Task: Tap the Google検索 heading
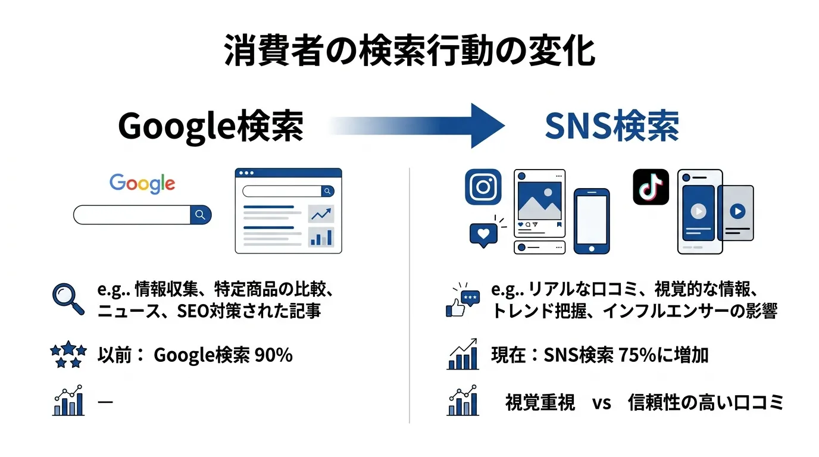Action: pyautogui.click(x=211, y=126)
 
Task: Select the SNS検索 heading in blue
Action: pyautogui.click(x=612, y=126)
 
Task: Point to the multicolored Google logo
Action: pyautogui.click(x=142, y=183)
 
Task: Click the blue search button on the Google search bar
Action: pyautogui.click(x=201, y=214)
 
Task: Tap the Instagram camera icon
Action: pyautogui.click(x=483, y=187)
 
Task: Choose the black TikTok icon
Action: pyautogui.click(x=651, y=187)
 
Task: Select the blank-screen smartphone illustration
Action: pyautogui.click(x=591, y=220)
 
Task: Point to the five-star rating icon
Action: pyautogui.click(x=68, y=355)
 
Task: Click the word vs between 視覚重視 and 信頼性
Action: pyautogui.click(x=602, y=403)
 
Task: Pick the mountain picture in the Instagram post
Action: pyautogui.click(x=539, y=201)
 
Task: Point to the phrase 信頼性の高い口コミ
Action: pyautogui.click(x=706, y=403)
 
